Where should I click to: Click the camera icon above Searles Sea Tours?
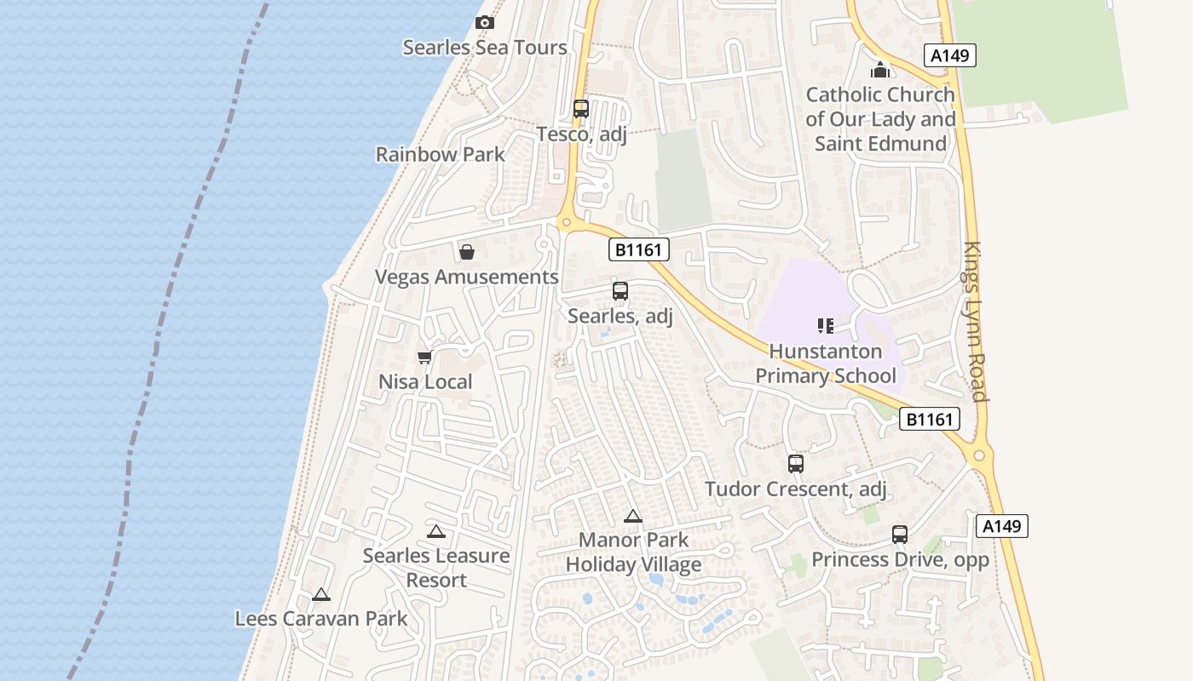coord(485,23)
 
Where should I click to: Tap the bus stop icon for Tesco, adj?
coord(581,109)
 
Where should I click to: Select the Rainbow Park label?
coord(441,155)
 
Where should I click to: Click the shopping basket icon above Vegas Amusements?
coord(467,252)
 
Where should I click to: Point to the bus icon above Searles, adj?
coord(620,291)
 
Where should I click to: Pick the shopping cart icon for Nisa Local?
coord(424,357)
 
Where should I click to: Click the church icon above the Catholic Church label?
coord(880,70)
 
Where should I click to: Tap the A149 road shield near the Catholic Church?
coord(949,56)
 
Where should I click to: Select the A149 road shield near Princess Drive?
coord(1001,526)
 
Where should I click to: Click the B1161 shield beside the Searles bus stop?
coord(639,249)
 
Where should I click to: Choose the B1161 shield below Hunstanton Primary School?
coord(930,419)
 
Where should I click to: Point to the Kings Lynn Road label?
coord(976,322)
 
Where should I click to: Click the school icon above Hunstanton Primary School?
coord(825,325)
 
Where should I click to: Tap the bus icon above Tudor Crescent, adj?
coord(796,464)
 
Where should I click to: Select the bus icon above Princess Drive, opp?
coord(900,535)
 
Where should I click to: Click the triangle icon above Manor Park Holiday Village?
coord(633,516)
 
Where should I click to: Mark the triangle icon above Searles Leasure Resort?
coord(436,532)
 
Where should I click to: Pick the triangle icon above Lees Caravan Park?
coord(321,595)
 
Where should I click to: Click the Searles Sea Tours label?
coord(485,48)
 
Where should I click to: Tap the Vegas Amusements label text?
coord(467,278)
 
